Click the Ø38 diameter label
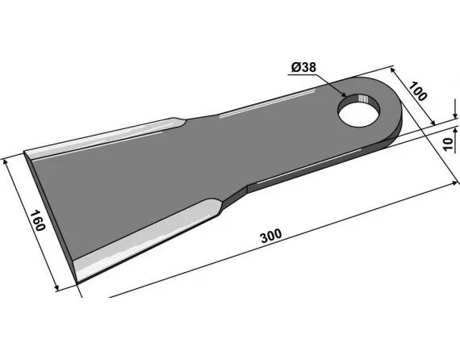[x=304, y=68]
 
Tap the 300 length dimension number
[x=271, y=236]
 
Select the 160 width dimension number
[x=38, y=220]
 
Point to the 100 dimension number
[x=418, y=91]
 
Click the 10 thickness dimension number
[x=448, y=144]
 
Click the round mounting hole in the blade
[x=359, y=111]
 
